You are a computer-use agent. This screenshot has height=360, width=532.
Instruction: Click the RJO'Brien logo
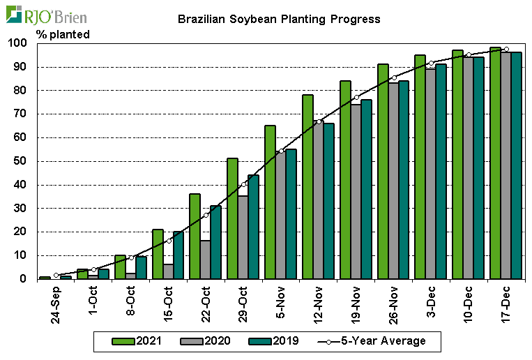[x=49, y=15]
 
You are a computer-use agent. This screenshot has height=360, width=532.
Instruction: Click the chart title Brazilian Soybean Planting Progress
[x=279, y=20]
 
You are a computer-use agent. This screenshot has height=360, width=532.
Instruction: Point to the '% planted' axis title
[x=63, y=34]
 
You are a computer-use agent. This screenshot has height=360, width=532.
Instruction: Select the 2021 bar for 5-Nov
[x=270, y=202]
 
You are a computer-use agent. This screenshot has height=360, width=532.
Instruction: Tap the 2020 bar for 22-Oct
[x=205, y=260]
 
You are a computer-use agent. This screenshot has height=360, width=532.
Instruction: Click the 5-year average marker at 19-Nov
[x=356, y=97]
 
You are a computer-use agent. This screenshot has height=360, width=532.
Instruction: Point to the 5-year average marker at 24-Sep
[x=56, y=275]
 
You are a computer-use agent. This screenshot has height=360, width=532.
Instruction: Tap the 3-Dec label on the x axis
[x=430, y=302]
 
